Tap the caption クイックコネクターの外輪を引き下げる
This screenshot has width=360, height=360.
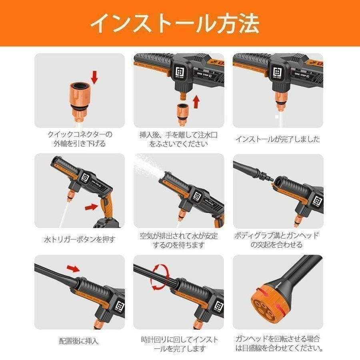click(x=80, y=139)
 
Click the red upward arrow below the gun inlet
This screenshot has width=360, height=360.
click(x=196, y=102)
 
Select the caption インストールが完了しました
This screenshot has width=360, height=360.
click(x=278, y=139)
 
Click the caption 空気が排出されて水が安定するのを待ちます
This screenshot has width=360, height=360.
click(x=179, y=240)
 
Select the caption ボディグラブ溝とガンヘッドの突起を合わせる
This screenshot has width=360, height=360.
click(x=278, y=240)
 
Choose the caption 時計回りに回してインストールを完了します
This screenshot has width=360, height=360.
click(x=179, y=344)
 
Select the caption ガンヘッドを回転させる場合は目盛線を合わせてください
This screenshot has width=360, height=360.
click(x=278, y=344)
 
